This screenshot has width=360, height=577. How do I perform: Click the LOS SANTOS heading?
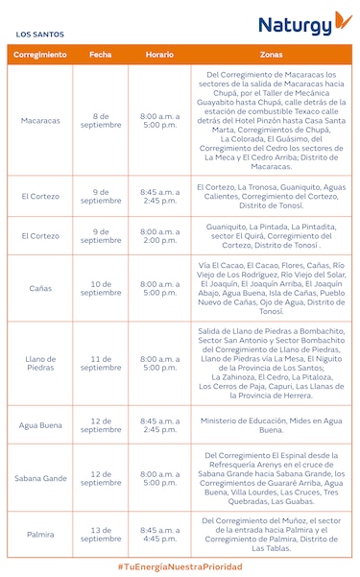39,35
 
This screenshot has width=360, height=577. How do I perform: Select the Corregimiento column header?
40,55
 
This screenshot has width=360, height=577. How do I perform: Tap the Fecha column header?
101,55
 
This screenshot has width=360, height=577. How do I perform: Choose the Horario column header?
159,55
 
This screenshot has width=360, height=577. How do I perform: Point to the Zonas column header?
271,55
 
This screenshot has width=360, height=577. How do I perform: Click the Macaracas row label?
40,120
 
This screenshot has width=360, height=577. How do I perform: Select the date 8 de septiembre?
101,120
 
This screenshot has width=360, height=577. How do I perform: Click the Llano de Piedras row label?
40,363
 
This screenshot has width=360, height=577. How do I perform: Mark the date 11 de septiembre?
101,363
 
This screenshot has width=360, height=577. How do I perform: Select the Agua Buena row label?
40,425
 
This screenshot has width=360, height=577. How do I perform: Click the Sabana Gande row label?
40,477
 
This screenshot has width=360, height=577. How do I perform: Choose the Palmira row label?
40,534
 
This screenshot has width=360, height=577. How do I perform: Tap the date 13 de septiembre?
101,534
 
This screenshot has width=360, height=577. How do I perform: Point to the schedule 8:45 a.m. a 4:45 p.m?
159,534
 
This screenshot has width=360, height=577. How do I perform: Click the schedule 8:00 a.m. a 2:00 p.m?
159,235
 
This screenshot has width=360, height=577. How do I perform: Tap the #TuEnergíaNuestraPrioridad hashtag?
180,566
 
